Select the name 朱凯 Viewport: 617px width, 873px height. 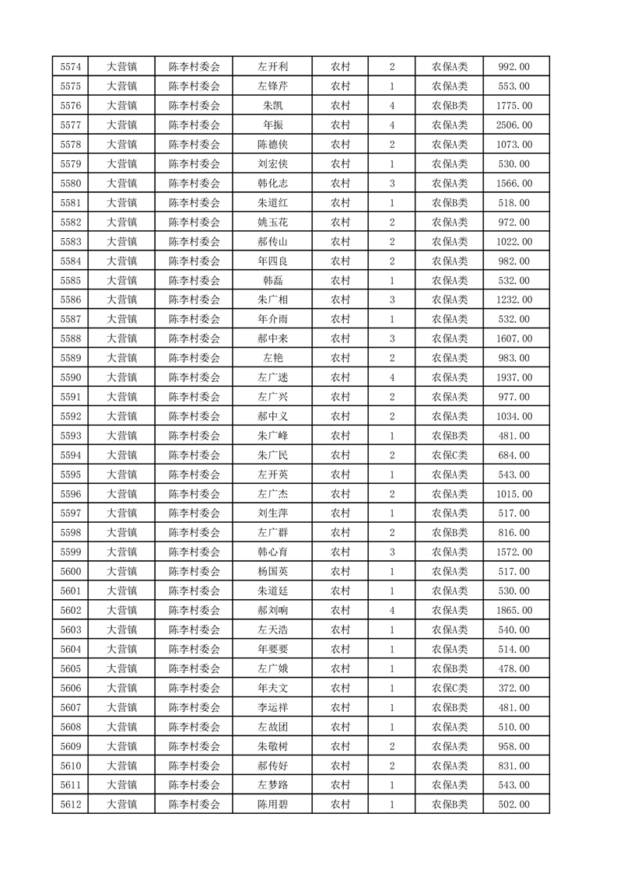coord(273,106)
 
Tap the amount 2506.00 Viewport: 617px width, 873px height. coord(514,125)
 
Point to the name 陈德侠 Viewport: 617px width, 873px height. coord(273,145)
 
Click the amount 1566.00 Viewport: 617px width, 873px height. coord(514,184)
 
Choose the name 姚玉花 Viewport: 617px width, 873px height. coord(273,223)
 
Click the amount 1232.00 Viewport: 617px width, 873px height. coord(514,300)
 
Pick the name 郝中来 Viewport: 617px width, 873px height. coord(273,338)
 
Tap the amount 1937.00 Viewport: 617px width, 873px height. coord(514,377)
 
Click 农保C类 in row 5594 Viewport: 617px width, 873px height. coord(450,455)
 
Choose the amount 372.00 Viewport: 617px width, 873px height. coord(514,688)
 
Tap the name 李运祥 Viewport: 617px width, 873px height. coord(273,707)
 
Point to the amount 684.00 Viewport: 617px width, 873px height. coord(514,455)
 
